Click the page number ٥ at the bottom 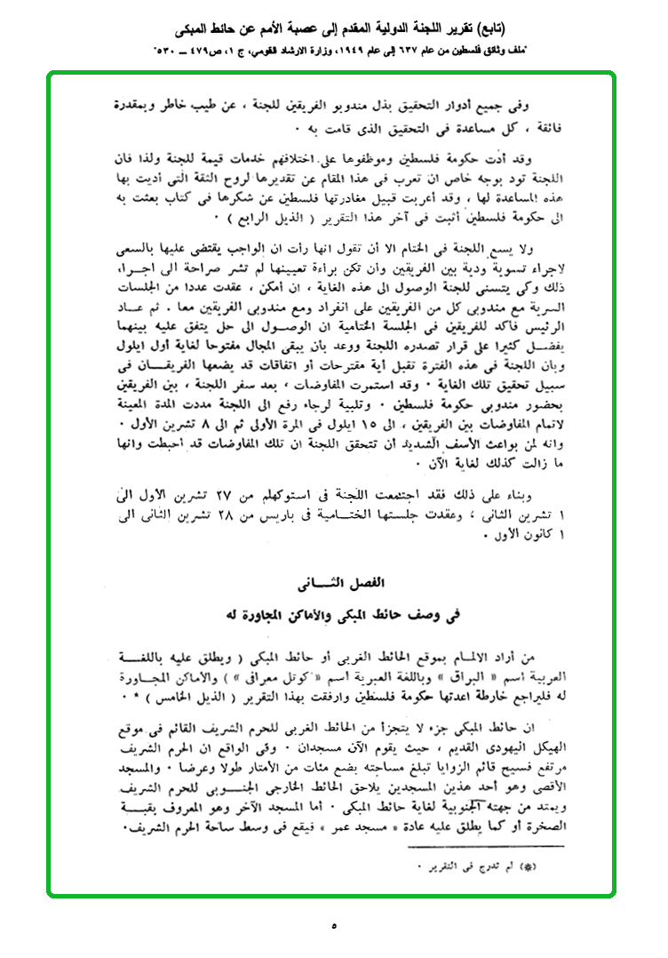pyautogui.click(x=334, y=925)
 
